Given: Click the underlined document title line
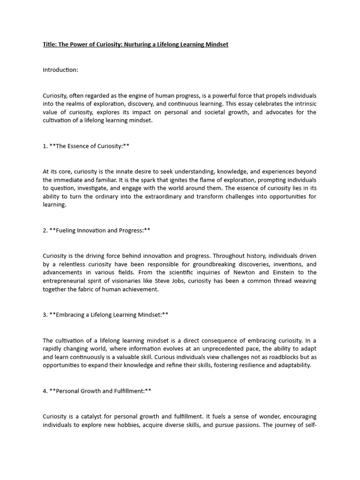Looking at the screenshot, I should [x=135, y=45].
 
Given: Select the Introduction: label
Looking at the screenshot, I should [x=60, y=70].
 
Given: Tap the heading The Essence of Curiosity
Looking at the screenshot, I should [x=89, y=146].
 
